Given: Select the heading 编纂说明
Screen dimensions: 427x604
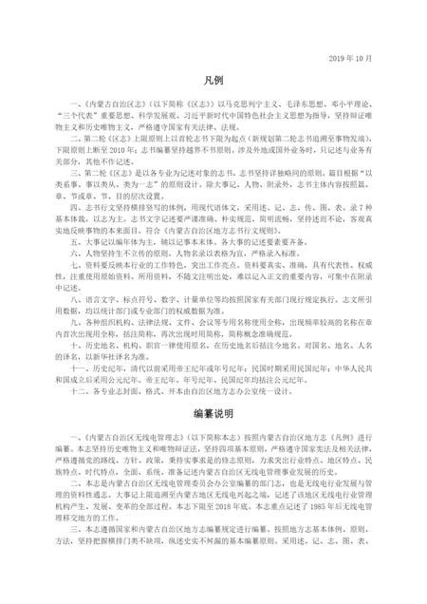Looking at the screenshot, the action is click(213, 415).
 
